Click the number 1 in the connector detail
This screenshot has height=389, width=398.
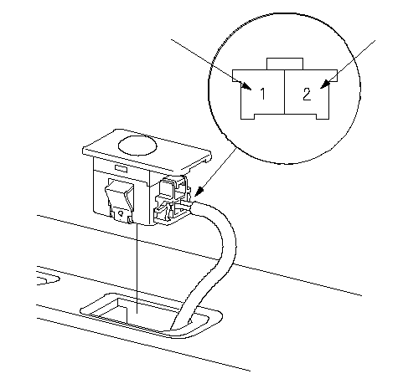[x=262, y=94]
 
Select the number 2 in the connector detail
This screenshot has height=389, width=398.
[x=307, y=94]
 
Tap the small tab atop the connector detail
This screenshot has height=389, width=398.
[x=285, y=64]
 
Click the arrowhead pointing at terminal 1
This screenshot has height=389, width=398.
[x=246, y=85]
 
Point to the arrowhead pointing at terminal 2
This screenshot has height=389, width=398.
[x=325, y=84]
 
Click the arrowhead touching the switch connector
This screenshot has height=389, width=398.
[x=199, y=192]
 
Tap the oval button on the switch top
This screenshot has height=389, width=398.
[x=137, y=145]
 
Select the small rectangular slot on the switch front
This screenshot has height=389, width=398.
[x=121, y=168]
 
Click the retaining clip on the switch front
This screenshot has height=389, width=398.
[x=120, y=201]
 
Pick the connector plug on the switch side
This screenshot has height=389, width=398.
[x=173, y=200]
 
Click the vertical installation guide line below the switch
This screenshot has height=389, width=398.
[x=137, y=268]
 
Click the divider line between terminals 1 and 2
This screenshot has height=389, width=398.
[x=284, y=92]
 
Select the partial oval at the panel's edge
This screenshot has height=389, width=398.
[x=48, y=280]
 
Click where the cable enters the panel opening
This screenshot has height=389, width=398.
[x=180, y=324]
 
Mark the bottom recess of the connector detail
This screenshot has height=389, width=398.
[x=285, y=116]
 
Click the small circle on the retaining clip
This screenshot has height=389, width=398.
[x=121, y=214]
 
